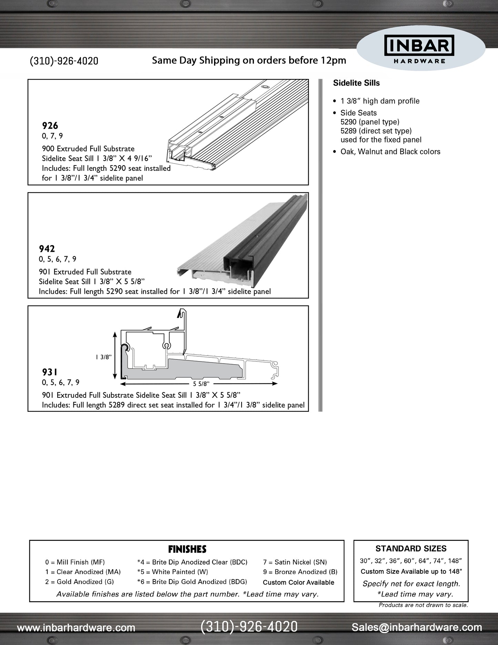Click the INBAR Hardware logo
coord(419,50)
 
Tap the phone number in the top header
coord(64,61)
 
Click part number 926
coord(50,126)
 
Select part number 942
coord(47,249)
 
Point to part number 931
coord(50,372)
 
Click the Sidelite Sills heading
coord(356,83)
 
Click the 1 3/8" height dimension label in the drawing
coord(104,357)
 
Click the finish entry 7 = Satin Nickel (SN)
coord(295,562)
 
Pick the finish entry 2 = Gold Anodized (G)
coord(79,582)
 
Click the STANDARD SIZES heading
coord(411,549)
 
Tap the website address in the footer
coord(76,628)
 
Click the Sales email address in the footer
coord(417,627)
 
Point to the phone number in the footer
coord(249,627)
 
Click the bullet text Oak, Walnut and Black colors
coord(390,152)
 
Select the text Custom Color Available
coord(298,583)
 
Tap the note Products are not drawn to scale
coord(423,605)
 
